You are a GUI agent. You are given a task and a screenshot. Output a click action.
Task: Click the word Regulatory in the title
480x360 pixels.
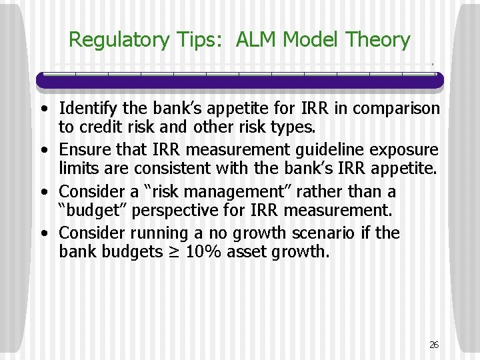pos(119,40)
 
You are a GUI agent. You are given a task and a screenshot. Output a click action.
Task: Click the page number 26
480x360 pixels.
pos(434,345)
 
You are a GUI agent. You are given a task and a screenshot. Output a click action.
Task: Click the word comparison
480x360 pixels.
pos(395,108)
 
